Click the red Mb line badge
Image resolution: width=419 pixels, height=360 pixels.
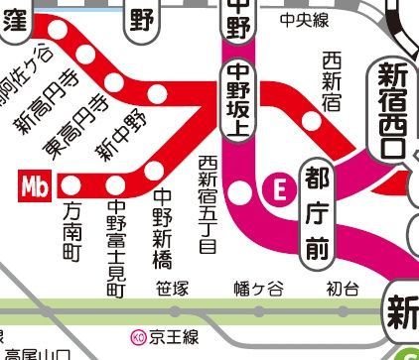coord(38,184)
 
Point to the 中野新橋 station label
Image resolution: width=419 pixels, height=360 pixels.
coord(162,227)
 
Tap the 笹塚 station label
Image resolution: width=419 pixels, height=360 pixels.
coord(172,289)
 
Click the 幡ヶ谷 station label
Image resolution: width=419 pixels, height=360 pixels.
coord(258,289)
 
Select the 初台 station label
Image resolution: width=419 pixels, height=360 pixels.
coord(342,289)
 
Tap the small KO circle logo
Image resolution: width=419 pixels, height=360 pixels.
coord(137,336)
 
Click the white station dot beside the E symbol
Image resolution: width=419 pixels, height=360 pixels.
coord(241,186)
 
